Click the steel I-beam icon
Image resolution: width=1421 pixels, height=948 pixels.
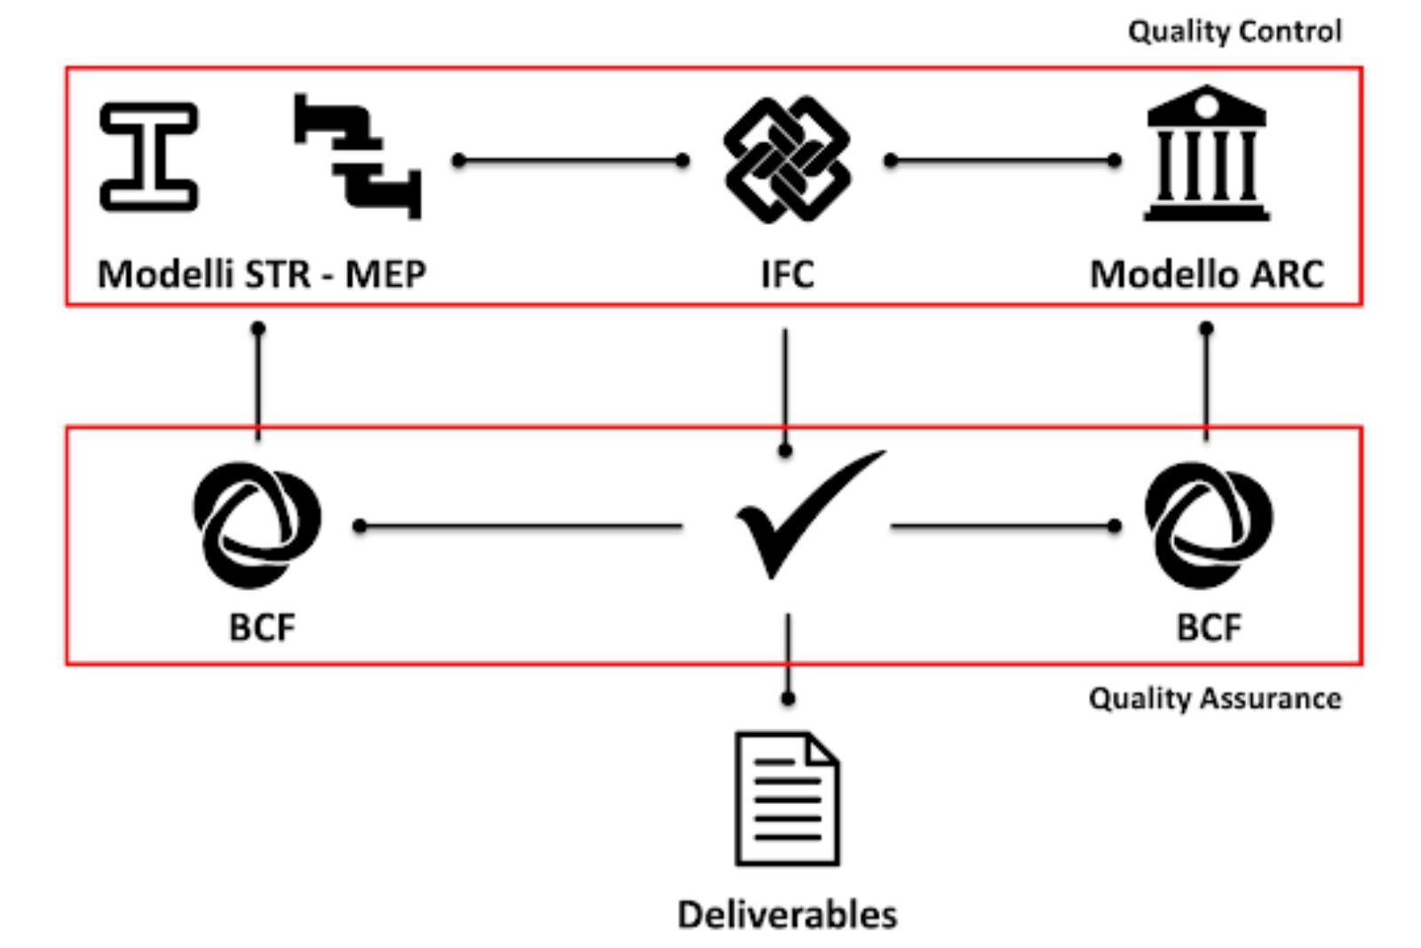(148, 156)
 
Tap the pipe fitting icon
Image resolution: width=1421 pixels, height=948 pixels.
(358, 156)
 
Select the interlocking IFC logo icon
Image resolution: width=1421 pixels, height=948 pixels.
(787, 160)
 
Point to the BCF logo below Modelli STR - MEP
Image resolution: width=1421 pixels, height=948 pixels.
(257, 524)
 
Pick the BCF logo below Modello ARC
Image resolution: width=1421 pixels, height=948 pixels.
(1208, 524)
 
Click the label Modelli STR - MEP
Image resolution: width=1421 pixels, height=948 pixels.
(261, 274)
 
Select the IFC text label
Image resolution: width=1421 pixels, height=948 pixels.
(787, 274)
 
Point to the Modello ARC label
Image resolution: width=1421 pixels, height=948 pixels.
(1206, 274)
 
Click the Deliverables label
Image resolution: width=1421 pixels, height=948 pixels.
(787, 914)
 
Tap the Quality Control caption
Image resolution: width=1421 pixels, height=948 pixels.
(1234, 32)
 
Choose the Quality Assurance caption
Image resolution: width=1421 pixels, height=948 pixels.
(1215, 698)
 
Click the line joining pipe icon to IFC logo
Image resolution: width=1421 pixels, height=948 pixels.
(570, 161)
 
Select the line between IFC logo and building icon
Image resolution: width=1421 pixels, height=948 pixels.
(1003, 161)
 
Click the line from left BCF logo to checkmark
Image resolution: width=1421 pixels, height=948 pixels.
(520, 527)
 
